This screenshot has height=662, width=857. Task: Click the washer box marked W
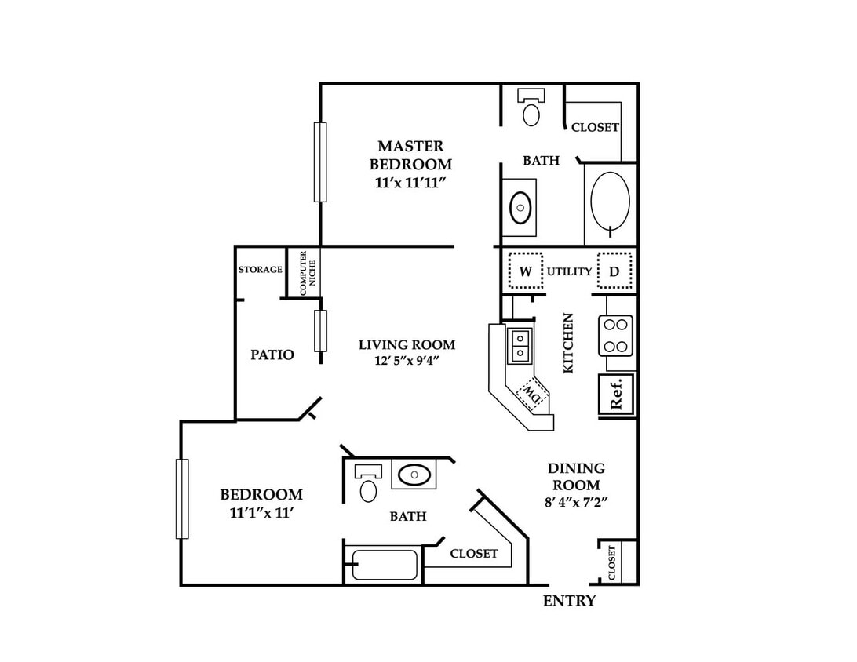coord(526,271)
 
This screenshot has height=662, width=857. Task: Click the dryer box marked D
coord(614,271)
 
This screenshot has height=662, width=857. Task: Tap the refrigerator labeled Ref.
coord(617,393)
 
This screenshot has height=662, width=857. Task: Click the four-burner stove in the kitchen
coord(615,336)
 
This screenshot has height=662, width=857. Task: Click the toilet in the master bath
coord(531,107)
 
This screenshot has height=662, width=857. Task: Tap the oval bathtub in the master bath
coord(610,201)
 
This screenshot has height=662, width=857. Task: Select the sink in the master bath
coord(520,208)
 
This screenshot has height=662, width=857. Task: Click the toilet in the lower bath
coord(368,483)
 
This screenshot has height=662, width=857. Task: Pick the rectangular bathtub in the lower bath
coord(385,565)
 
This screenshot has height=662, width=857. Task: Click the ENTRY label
coord(569,601)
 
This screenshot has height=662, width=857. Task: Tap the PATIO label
coord(272,355)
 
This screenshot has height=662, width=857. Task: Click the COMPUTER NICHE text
coord(308,272)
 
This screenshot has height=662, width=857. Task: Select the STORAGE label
coord(261,269)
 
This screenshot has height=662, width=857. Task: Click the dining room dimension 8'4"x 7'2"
coord(576,502)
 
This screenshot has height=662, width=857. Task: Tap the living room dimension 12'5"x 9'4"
coord(407,361)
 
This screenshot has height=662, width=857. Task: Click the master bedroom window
coord(320,162)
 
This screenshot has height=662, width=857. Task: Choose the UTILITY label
coord(570,271)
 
